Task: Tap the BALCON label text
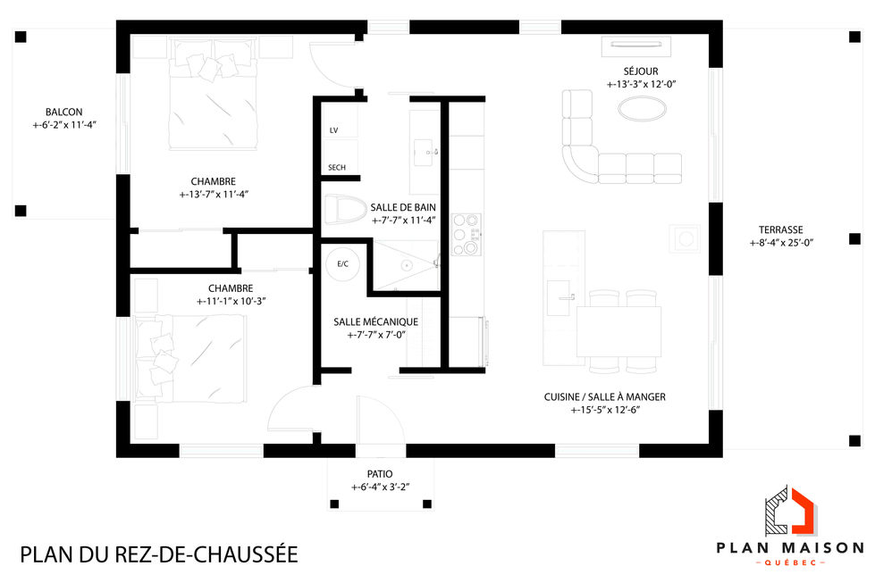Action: (x=64, y=112)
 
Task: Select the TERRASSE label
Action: (x=780, y=229)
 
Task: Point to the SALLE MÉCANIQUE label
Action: (x=375, y=321)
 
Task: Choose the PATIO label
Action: (x=380, y=474)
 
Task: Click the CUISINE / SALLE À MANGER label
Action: (x=604, y=397)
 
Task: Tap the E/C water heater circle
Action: (x=342, y=264)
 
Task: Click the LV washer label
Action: (x=334, y=130)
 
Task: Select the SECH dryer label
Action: (x=337, y=168)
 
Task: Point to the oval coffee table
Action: (x=641, y=110)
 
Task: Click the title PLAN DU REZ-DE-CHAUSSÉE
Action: (x=159, y=554)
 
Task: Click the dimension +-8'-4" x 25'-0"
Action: (x=780, y=243)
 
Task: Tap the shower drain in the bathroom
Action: (x=405, y=265)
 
